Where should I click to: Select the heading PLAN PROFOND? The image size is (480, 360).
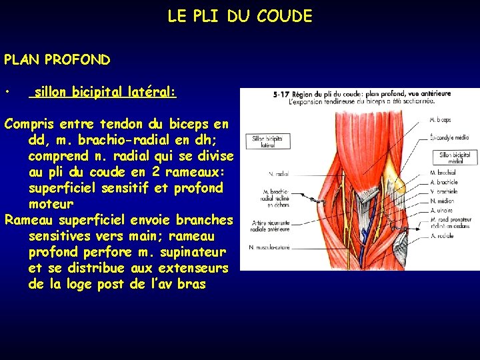(57, 59)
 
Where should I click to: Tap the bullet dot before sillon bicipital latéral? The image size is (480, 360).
(7, 91)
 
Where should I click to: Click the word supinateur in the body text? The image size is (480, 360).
(194, 252)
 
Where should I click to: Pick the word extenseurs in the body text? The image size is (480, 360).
(194, 268)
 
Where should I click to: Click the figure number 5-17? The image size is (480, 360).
(281, 95)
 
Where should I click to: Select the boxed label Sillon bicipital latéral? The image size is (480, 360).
(267, 141)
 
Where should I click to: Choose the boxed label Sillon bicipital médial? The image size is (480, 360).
(455, 157)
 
